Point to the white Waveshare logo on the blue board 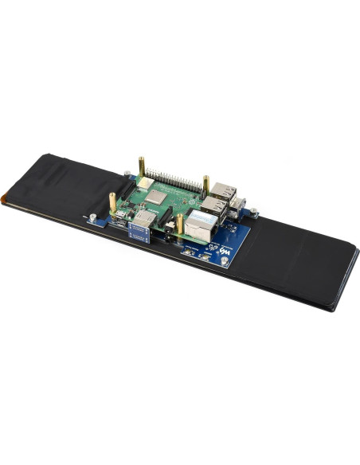pyautogui.click(x=226, y=252)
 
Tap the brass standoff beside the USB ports pyautogui.click(x=206, y=185)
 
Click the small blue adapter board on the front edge pyautogui.click(x=140, y=232)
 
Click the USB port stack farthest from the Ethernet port pyautogui.click(x=224, y=191)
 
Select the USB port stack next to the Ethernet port pyautogui.click(x=213, y=206)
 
